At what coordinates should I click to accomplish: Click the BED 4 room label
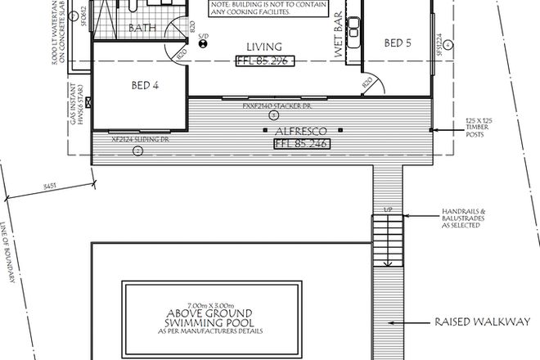pyautogui.click(x=144, y=84)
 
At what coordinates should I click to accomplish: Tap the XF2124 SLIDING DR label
pyautogui.click(x=141, y=140)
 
